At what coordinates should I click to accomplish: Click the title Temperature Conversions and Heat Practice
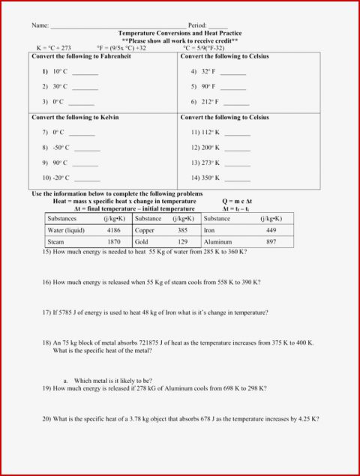point(180,34)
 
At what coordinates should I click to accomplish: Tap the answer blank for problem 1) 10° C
point(85,72)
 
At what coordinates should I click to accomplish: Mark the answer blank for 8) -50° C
point(86,148)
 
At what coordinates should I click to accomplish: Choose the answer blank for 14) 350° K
point(237,178)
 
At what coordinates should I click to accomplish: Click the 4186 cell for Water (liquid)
point(114,230)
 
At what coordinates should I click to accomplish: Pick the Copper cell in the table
point(145,230)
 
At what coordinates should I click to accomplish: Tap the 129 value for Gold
point(182,242)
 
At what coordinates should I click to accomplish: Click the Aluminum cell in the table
point(217,242)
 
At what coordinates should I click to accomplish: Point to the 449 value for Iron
point(271,230)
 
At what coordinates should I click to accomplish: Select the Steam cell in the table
point(56,242)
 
